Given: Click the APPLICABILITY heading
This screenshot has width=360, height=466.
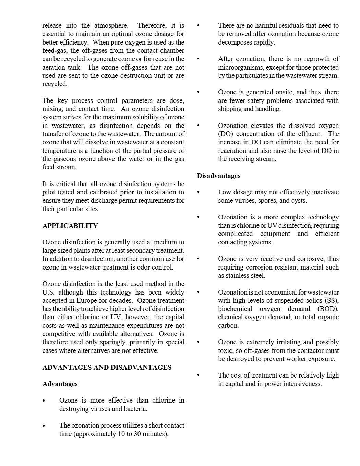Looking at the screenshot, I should coord(70,226).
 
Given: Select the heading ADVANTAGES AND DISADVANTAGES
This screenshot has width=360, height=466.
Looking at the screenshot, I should coord(107,367).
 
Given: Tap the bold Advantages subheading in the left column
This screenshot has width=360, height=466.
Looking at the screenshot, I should coord(60,384).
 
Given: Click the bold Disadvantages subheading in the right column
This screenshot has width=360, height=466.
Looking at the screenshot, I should coord(218,176).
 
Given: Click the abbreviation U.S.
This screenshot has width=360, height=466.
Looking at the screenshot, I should coord(48,292).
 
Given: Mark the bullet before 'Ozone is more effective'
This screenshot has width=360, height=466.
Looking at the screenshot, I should coord(44,401).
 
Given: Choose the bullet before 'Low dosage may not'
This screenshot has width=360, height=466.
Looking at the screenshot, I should coord(199,192).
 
